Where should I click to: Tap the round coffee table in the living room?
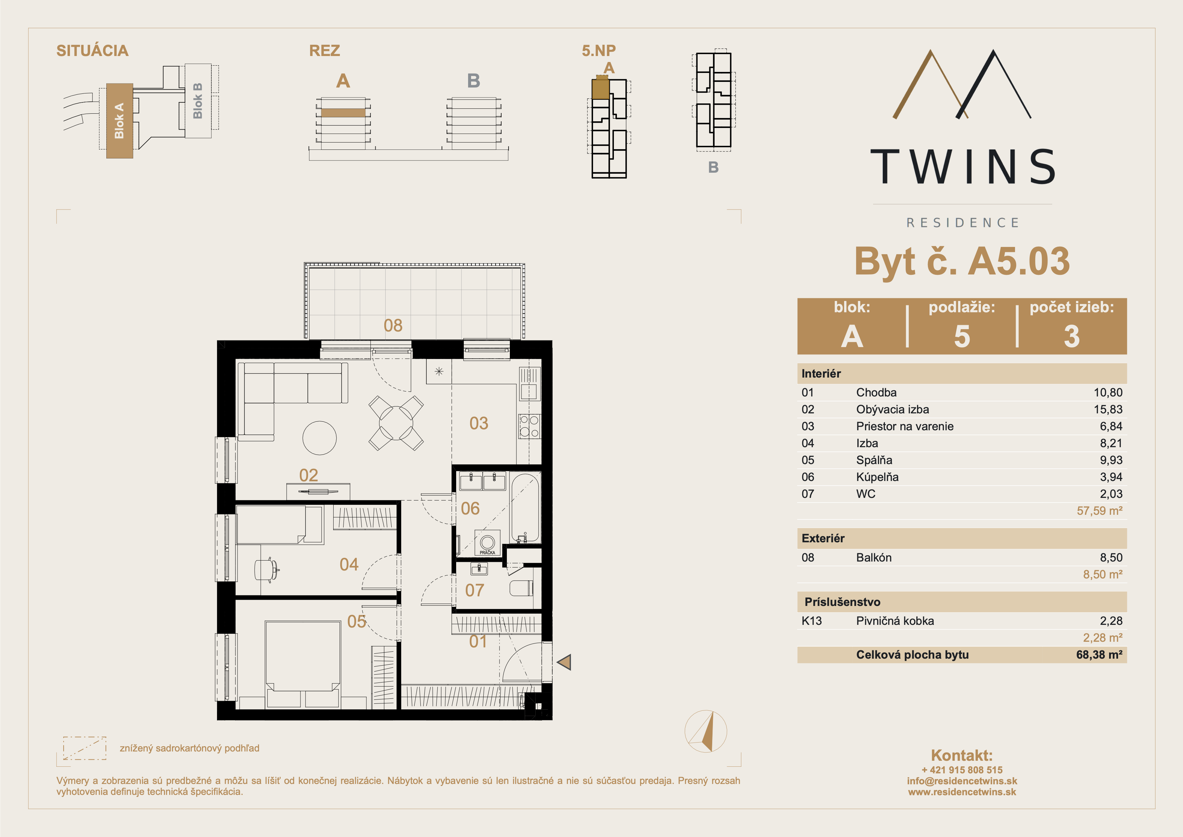click(319, 438)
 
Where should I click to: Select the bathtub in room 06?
click(525, 508)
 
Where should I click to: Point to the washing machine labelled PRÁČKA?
click(487, 543)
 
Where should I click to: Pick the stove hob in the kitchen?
click(529, 427)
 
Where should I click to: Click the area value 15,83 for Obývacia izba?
click(1108, 409)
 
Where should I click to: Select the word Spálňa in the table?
click(874, 460)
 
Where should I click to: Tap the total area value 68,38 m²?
click(1099, 655)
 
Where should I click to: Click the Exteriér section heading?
click(823, 538)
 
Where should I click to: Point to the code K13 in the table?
click(812, 621)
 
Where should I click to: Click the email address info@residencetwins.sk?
click(962, 781)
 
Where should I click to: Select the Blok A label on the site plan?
click(119, 121)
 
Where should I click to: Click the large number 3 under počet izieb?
click(1072, 336)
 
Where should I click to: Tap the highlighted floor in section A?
click(343, 112)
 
